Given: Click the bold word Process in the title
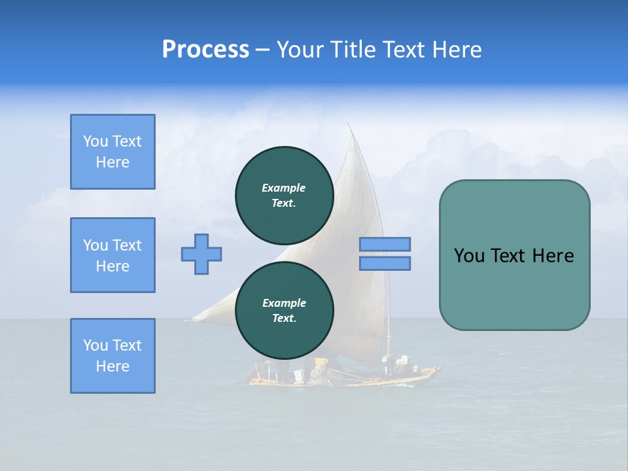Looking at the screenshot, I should click(205, 50).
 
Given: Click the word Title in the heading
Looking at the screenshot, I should click(353, 50).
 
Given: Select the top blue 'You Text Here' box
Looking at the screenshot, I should click(113, 152).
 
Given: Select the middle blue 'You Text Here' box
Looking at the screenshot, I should click(113, 255).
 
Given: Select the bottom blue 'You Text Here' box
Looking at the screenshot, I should click(113, 355).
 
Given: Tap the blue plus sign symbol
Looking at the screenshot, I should click(201, 254).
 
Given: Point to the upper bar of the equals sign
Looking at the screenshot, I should click(385, 244).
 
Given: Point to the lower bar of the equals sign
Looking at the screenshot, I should click(385, 263).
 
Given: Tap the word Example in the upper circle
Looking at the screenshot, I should click(284, 188).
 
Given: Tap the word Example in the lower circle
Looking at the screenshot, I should click(284, 303).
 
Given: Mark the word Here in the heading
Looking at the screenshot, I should click(457, 50).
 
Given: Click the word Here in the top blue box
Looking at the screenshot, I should click(113, 162).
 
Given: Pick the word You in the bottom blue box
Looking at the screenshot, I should click(96, 345).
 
